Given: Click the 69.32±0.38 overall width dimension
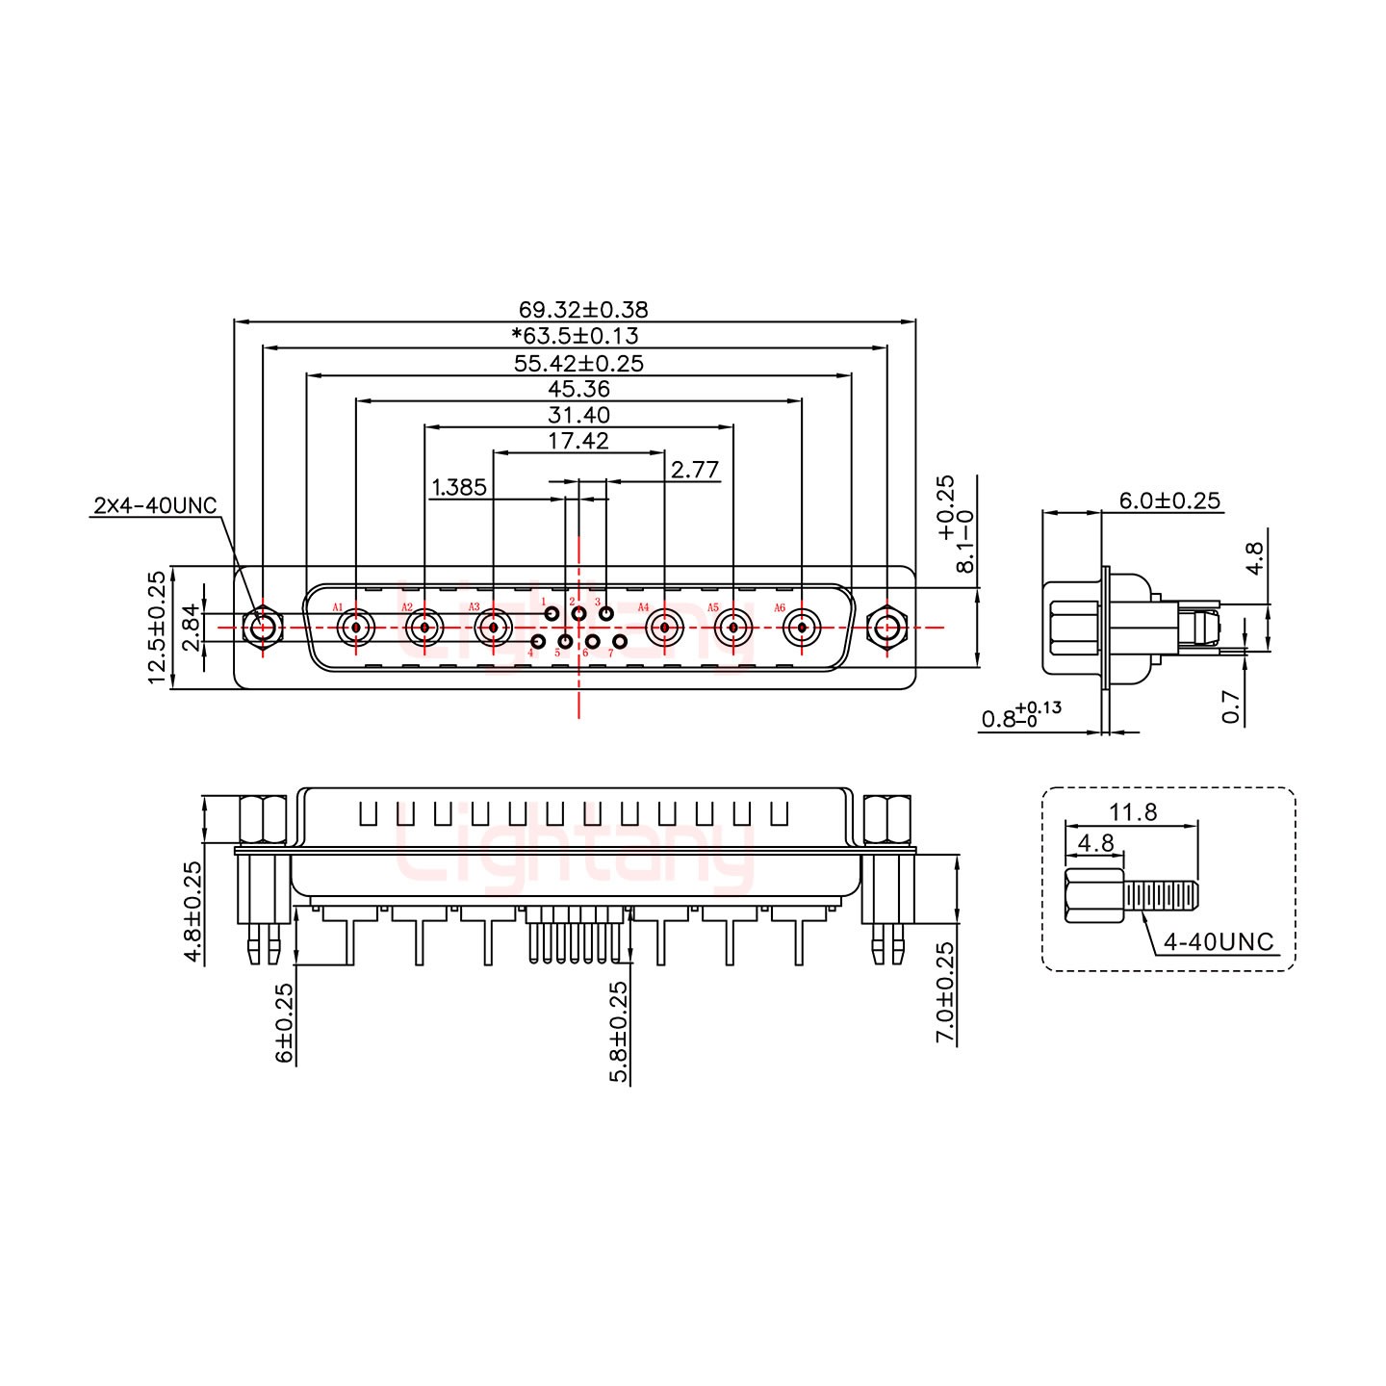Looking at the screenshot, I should (x=583, y=310).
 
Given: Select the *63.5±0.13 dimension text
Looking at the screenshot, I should (x=575, y=336).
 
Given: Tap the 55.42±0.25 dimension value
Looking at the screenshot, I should (x=578, y=363).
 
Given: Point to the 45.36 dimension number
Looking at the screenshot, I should (x=578, y=389).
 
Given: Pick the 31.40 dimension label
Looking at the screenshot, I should (x=578, y=415).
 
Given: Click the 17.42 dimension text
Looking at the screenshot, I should (x=577, y=441).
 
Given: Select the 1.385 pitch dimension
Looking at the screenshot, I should (x=459, y=487).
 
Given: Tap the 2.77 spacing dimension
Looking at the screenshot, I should (x=695, y=469).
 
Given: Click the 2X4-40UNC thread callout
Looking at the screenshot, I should (x=156, y=506).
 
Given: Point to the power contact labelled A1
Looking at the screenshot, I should (x=356, y=629).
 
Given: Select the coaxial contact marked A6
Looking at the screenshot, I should (x=801, y=629).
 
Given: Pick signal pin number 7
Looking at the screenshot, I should (x=620, y=642).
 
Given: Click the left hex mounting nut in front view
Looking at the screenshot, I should (x=262, y=628).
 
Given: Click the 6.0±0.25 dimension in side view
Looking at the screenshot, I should (x=1168, y=500).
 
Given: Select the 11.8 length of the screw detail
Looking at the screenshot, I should (x=1133, y=811).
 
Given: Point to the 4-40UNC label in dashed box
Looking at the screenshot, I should (x=1218, y=942).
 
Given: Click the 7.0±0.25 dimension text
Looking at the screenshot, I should (x=946, y=992).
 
